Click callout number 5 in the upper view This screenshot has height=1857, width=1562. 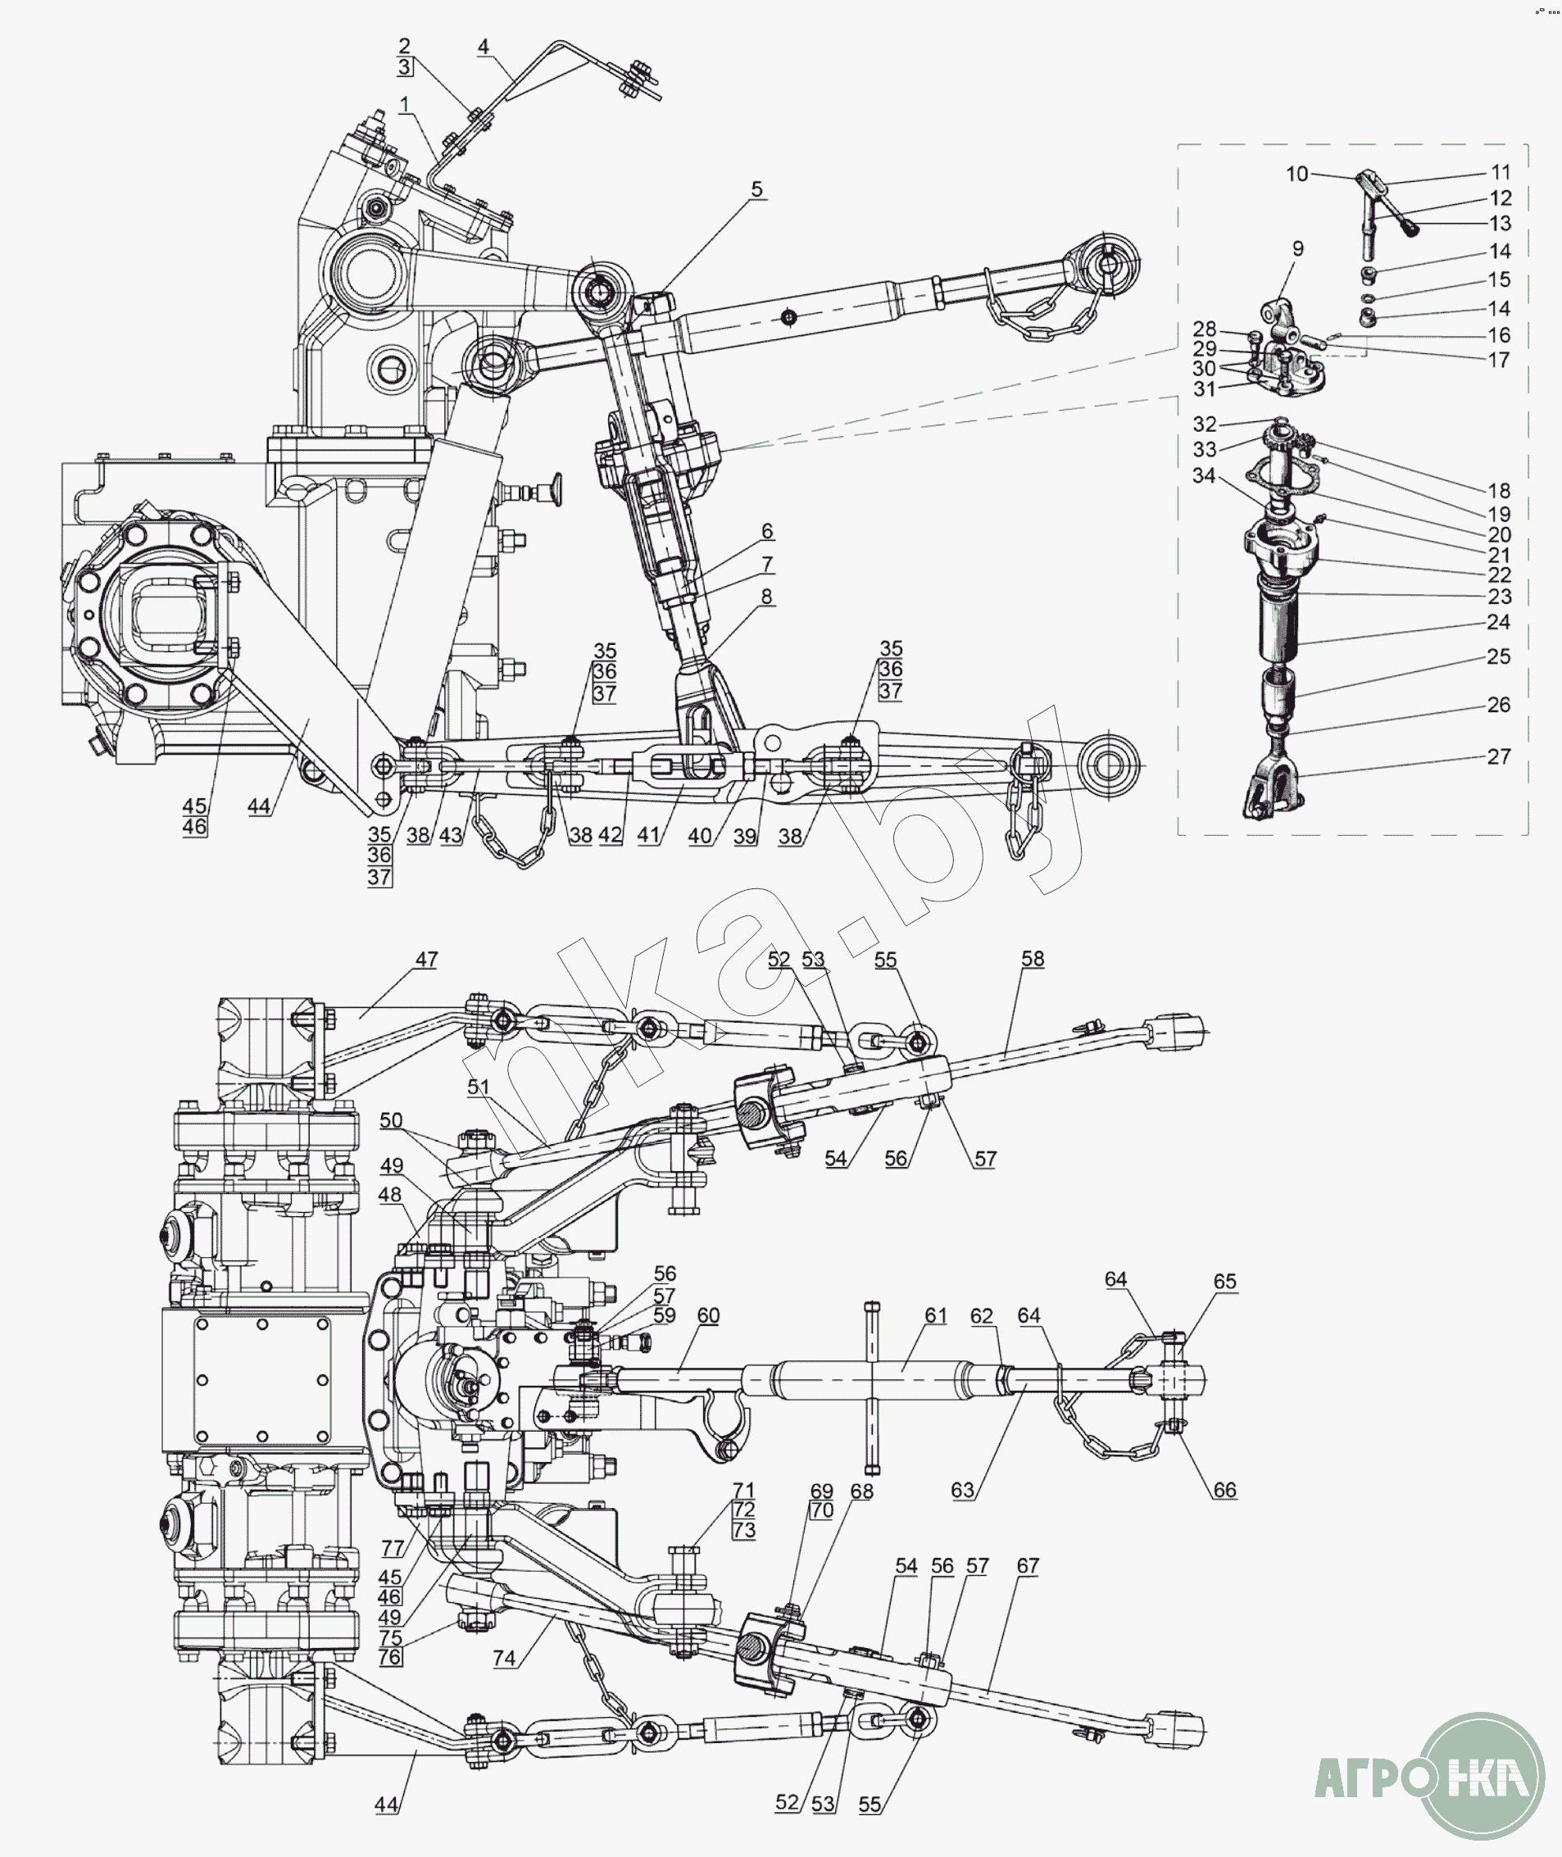click(756, 188)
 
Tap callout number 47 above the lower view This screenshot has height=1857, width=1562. click(427, 959)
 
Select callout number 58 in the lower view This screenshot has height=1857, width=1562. click(1033, 958)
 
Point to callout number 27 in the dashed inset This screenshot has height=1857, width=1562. click(1498, 756)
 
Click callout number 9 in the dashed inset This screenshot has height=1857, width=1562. click(1298, 249)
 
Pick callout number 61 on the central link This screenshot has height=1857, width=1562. click(936, 1315)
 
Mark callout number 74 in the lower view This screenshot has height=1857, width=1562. click(504, 1658)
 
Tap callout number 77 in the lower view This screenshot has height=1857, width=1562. click(393, 1548)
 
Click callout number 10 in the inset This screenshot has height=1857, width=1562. click(1297, 174)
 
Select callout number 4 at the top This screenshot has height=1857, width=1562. click(484, 47)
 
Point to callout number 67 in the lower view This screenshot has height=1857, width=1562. click(1027, 1565)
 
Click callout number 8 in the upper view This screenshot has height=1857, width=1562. click(767, 596)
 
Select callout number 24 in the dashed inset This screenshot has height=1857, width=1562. click(1498, 622)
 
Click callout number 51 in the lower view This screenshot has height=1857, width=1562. click(478, 1087)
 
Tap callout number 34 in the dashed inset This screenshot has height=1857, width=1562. click(1203, 475)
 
